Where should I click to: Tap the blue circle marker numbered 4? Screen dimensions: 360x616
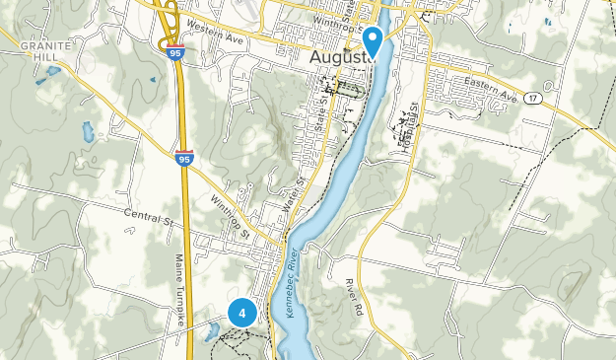(241, 313)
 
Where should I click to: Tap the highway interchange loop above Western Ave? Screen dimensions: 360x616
(167, 21)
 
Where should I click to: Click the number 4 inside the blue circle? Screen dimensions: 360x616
(241, 313)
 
